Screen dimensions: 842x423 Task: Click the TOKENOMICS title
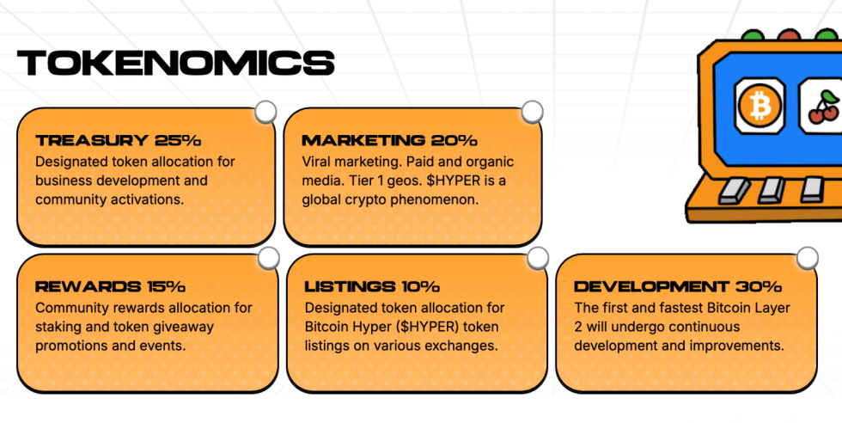[175, 63]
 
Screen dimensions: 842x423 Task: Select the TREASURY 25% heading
[119, 141]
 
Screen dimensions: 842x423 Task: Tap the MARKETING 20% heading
[389, 141]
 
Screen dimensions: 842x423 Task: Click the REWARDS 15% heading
[110, 287]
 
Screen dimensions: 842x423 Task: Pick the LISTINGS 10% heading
[372, 287]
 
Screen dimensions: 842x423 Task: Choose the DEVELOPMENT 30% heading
[678, 287]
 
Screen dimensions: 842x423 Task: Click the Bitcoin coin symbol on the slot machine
[760, 106]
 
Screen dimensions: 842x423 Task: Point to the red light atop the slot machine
[789, 35]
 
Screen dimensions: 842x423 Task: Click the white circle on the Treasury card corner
[265, 112]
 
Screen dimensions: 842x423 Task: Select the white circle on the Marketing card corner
[532, 112]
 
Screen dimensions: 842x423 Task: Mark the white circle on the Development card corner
[807, 258]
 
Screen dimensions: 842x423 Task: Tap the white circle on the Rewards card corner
[268, 258]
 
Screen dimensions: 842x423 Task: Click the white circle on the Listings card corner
[538, 258]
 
